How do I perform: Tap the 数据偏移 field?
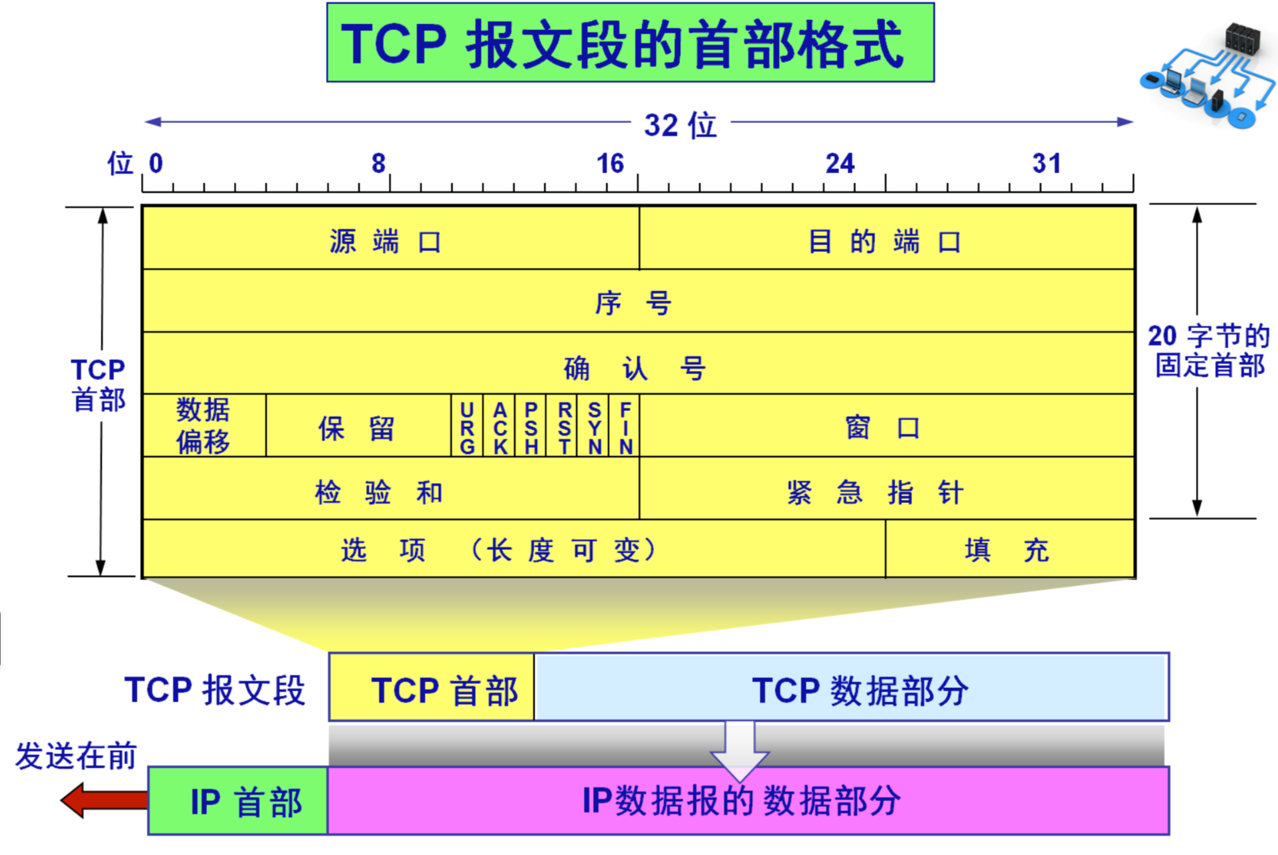tap(203, 426)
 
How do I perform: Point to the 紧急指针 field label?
tap(875, 493)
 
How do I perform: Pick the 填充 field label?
tap(1007, 550)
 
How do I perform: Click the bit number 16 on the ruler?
tap(610, 164)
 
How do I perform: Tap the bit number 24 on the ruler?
tap(840, 164)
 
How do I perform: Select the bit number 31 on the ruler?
tap(1046, 164)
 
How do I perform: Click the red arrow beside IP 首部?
tap(104, 800)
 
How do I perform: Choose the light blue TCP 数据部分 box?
tap(852, 688)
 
